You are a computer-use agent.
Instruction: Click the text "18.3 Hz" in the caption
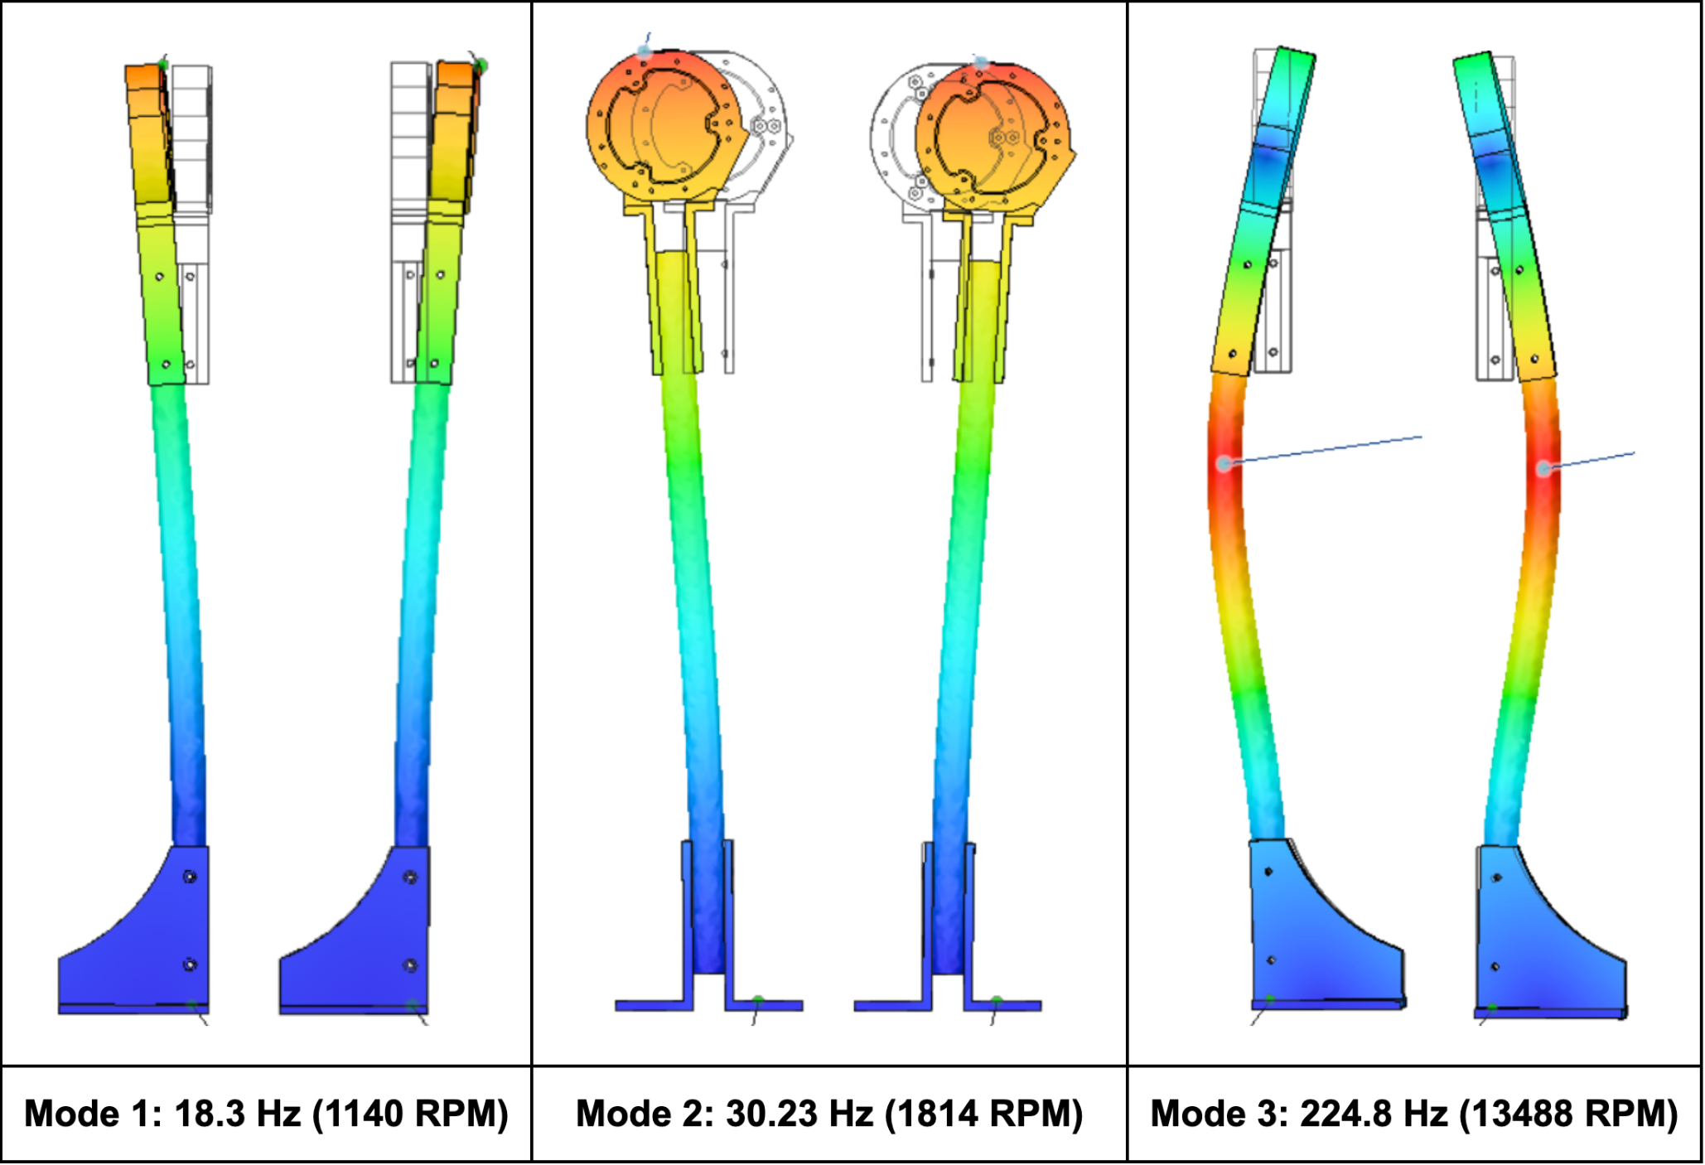click(x=237, y=1114)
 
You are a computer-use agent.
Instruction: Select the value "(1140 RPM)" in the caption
click(x=410, y=1114)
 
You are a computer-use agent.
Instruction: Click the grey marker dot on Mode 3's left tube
click(x=1224, y=463)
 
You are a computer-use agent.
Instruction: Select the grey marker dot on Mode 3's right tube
click(x=1543, y=469)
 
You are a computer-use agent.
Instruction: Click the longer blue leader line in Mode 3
click(x=1326, y=448)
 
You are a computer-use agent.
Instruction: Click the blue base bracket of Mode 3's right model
click(x=1541, y=945)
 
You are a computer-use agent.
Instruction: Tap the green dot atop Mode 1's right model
click(x=481, y=65)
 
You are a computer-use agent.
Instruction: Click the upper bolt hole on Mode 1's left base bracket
click(x=190, y=877)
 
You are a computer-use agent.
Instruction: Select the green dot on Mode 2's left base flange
click(x=757, y=1000)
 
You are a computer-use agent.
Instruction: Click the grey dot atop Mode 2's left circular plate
click(x=645, y=51)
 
